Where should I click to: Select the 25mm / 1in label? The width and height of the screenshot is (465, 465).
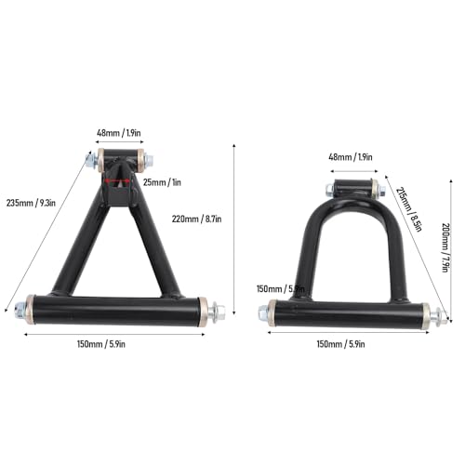(x=162, y=182)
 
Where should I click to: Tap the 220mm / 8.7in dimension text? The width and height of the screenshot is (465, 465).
(x=197, y=219)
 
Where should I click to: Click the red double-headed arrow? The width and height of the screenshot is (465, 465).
(x=117, y=182)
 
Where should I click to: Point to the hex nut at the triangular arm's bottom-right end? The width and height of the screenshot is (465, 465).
(x=217, y=310)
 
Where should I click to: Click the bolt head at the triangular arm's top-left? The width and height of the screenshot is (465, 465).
(x=90, y=160)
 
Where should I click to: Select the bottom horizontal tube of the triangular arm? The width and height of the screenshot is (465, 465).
(x=116, y=309)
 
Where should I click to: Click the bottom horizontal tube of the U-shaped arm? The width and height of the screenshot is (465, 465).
(x=349, y=313)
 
